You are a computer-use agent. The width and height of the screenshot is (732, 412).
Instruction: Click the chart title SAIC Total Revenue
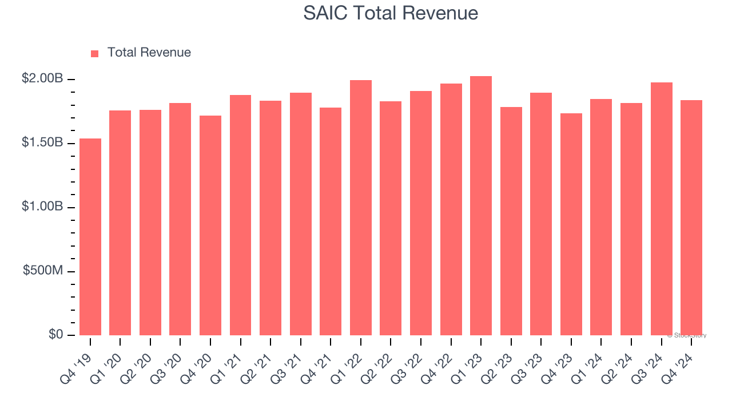(x=391, y=13)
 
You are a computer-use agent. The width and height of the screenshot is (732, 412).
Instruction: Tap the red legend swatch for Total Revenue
(x=95, y=53)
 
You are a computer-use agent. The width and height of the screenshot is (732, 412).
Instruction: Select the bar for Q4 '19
(x=90, y=237)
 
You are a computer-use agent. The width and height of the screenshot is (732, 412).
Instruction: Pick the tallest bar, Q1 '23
(x=481, y=206)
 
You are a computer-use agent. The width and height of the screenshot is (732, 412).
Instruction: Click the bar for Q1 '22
(x=361, y=208)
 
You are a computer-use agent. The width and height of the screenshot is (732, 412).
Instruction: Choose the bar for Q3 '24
(x=662, y=209)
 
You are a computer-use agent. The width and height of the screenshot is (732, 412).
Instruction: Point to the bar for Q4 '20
(x=210, y=225)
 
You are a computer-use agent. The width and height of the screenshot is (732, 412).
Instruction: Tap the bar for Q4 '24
(x=691, y=217)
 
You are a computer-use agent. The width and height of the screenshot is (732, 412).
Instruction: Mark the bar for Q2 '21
(x=270, y=218)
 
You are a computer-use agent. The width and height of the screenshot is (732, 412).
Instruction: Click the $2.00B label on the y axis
(x=42, y=78)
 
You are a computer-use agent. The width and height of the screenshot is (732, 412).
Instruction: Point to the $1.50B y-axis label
(x=42, y=142)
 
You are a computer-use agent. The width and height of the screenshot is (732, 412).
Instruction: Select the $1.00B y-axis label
(x=42, y=207)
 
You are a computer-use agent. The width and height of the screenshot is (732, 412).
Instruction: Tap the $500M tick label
(x=43, y=271)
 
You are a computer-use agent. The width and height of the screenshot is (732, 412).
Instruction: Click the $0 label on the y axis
(x=55, y=335)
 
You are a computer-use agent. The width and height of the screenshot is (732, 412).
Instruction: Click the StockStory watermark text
(x=687, y=335)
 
